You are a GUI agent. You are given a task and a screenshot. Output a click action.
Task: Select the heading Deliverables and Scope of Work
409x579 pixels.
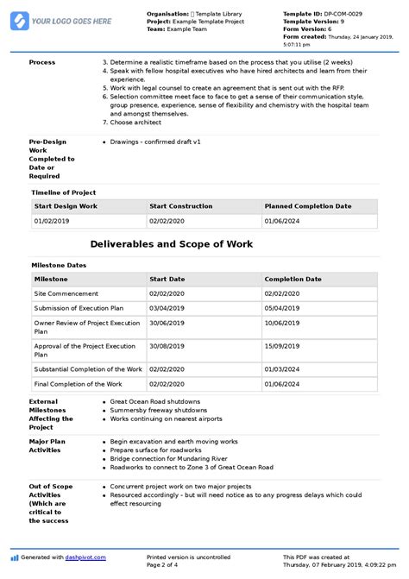coord(172,244)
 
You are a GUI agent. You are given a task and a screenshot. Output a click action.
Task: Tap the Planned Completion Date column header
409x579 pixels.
coord(308,206)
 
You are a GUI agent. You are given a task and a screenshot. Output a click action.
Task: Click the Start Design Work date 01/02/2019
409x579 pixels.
coord(51,222)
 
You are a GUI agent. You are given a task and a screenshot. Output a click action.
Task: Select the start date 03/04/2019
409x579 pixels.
coord(166,308)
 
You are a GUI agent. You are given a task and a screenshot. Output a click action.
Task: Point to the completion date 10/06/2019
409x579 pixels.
coord(282,325)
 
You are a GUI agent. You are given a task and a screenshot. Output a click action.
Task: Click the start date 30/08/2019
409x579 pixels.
coord(166,346)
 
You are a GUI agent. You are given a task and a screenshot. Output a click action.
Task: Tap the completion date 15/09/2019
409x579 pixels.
coord(282,346)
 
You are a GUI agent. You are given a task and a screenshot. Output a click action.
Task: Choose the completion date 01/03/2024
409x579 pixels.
coord(282,368)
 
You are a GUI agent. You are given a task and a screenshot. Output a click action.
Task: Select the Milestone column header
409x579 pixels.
coord(51,280)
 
